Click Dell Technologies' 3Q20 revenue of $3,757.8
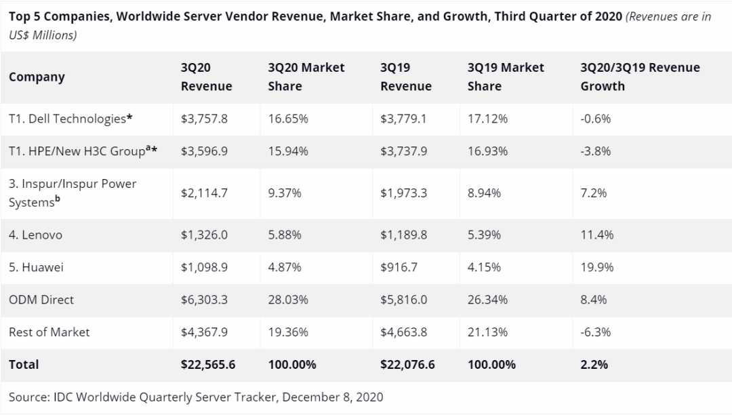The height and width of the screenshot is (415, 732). coord(204,119)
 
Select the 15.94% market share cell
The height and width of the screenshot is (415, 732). coord(288,151)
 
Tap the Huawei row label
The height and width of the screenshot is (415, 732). coord(36,267)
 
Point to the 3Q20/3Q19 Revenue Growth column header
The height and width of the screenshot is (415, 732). coord(640,77)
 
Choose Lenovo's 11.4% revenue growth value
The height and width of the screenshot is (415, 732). coord(596,235)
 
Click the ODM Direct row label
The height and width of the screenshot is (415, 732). coord(41,300)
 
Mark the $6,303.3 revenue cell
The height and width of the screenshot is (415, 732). coord(204,300)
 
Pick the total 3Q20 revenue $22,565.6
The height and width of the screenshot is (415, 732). coord(208,365)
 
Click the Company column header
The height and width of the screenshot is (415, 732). coord(37,77)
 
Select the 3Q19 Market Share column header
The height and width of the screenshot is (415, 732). coord(506,77)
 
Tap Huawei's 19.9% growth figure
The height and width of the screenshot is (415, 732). coord(596,267)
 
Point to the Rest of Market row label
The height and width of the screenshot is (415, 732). coord(49,332)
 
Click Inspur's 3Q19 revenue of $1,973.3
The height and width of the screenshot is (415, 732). coord(403,193)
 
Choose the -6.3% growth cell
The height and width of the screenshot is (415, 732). coord(595,332)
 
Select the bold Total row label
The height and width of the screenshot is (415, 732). coord(23,365)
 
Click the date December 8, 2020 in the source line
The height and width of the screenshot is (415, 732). coord(332,397)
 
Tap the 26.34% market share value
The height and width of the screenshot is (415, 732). coord(487,300)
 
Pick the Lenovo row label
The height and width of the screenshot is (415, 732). coord(35,235)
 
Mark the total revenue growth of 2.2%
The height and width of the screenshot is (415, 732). coord(594,365)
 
